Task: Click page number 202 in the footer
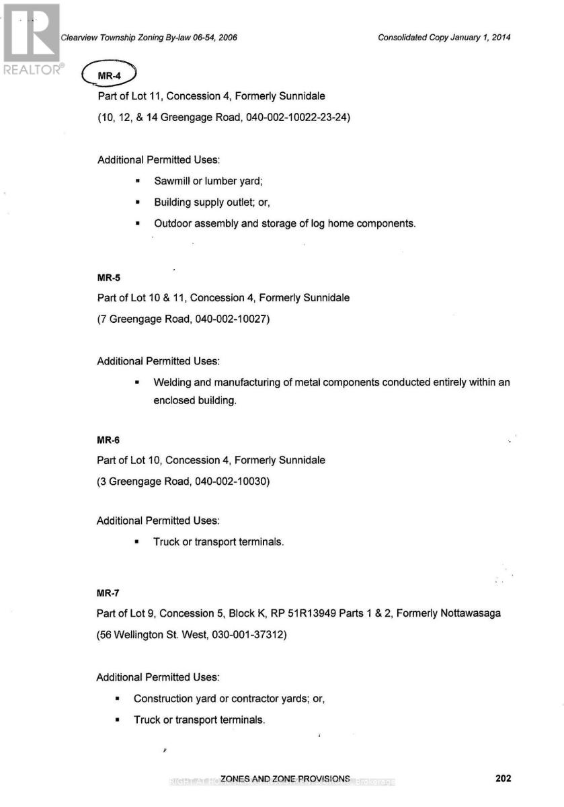tap(503, 779)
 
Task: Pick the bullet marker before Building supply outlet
tap(137, 202)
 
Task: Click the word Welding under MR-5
tap(173, 383)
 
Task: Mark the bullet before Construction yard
tap(118, 699)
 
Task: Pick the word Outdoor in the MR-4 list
tap(173, 223)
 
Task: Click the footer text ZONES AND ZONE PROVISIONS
tap(285, 779)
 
